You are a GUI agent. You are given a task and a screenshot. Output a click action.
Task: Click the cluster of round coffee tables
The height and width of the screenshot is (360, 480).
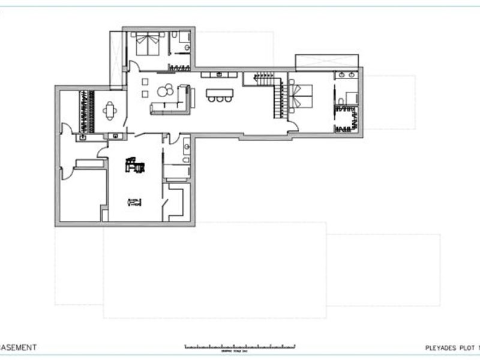[x=166, y=91]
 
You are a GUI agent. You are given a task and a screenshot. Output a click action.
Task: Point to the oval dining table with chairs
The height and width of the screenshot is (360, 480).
[x=109, y=110]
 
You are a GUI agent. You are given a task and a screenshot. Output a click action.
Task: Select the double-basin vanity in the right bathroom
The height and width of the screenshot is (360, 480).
[x=346, y=76]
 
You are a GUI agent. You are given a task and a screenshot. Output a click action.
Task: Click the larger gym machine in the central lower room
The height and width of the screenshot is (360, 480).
[x=134, y=164]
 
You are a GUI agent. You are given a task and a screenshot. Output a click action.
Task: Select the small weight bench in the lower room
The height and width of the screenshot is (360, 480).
[x=134, y=202]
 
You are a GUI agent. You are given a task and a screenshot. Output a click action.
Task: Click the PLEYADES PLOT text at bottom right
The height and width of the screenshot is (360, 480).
[x=447, y=347]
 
